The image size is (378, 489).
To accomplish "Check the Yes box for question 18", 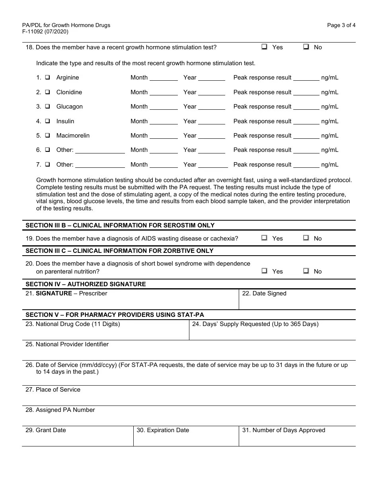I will pos(264,47).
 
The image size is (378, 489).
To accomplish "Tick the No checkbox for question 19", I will pos(306,238).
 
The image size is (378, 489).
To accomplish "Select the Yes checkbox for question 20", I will pos(264,271).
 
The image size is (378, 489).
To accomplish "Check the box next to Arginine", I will pos(47,78).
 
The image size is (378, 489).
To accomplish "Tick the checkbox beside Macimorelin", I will pos(47,136).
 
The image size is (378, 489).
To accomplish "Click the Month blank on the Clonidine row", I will pos(164,93).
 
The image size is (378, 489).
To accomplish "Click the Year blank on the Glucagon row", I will pos(212,107).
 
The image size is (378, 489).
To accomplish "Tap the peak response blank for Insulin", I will pos(306,122).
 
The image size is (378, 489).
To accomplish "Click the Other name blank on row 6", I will pos(100,151).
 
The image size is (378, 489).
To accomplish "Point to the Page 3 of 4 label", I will pos(341,25).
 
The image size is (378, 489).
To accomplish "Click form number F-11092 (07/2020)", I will pos(45,32).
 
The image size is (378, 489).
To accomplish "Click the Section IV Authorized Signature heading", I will pos(86,284).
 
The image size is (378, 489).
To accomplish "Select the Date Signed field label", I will pos(264,293).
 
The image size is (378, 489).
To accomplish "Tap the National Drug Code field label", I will pos(72,324).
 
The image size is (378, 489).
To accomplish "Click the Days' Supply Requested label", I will pos(255,324).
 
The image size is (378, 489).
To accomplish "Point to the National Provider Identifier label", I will pos(67,344).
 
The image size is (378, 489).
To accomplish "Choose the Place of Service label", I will pos(53,390).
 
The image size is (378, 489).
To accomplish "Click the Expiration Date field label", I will pos(163,430).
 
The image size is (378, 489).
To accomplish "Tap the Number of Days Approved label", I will pos(283,430).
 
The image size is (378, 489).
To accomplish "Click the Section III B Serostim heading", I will pos(120,225).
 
